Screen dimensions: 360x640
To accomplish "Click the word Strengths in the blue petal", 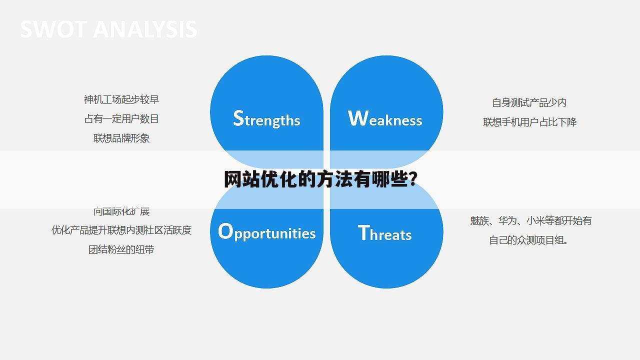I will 266,119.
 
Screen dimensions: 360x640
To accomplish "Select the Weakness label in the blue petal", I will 385,119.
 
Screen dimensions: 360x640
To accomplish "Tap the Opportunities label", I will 267,232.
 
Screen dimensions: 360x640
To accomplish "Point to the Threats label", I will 385,233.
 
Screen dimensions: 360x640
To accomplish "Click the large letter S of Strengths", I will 238,118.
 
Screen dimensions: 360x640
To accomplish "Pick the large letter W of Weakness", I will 357,118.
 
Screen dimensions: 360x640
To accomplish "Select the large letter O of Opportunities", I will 225,231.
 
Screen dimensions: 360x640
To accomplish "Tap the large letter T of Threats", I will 363,232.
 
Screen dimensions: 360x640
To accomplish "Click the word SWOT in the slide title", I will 53,29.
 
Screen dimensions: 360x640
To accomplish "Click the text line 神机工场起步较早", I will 121,100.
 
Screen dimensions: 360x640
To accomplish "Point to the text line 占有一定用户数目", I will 121,119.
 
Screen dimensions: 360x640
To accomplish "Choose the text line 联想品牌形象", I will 121,138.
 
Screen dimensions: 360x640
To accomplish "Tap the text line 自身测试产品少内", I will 529,103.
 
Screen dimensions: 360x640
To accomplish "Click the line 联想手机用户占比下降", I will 529,122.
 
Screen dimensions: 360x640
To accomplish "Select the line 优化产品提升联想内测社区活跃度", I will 121,230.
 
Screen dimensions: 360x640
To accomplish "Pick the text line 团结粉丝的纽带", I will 121,249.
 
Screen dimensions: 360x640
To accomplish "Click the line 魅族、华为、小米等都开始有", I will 530,221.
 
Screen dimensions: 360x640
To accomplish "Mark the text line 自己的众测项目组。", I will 529,240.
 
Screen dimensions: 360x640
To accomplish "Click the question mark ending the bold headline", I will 413,179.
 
